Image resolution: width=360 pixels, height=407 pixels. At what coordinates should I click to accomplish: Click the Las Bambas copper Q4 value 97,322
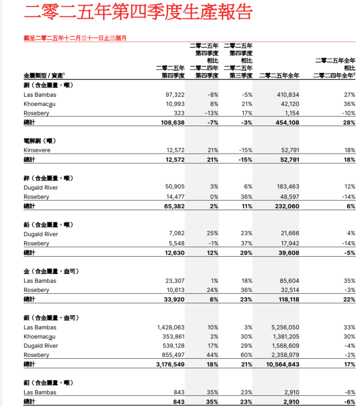(175, 95)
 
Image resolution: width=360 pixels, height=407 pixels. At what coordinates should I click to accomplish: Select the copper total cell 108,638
(173, 123)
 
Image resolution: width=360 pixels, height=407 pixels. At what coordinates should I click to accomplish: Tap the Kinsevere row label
(37, 150)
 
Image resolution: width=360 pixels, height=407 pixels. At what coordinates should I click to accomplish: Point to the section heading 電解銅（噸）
(40, 141)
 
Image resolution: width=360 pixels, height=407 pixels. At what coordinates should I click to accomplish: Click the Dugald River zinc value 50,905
(175, 187)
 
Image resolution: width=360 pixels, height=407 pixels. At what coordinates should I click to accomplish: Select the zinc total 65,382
(175, 206)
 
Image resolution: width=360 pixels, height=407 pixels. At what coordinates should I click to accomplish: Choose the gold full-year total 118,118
(285, 299)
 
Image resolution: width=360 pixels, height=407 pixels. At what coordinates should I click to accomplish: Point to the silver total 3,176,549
(170, 364)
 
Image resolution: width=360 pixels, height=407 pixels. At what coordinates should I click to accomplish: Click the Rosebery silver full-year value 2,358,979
(282, 355)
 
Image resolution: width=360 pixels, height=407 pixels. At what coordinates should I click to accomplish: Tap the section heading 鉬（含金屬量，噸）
(49, 383)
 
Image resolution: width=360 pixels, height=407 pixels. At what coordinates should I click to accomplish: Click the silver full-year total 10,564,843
(283, 364)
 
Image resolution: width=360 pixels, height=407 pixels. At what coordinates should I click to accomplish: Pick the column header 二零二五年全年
(279, 76)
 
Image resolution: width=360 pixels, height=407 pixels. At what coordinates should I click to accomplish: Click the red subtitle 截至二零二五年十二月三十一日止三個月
(75, 38)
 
